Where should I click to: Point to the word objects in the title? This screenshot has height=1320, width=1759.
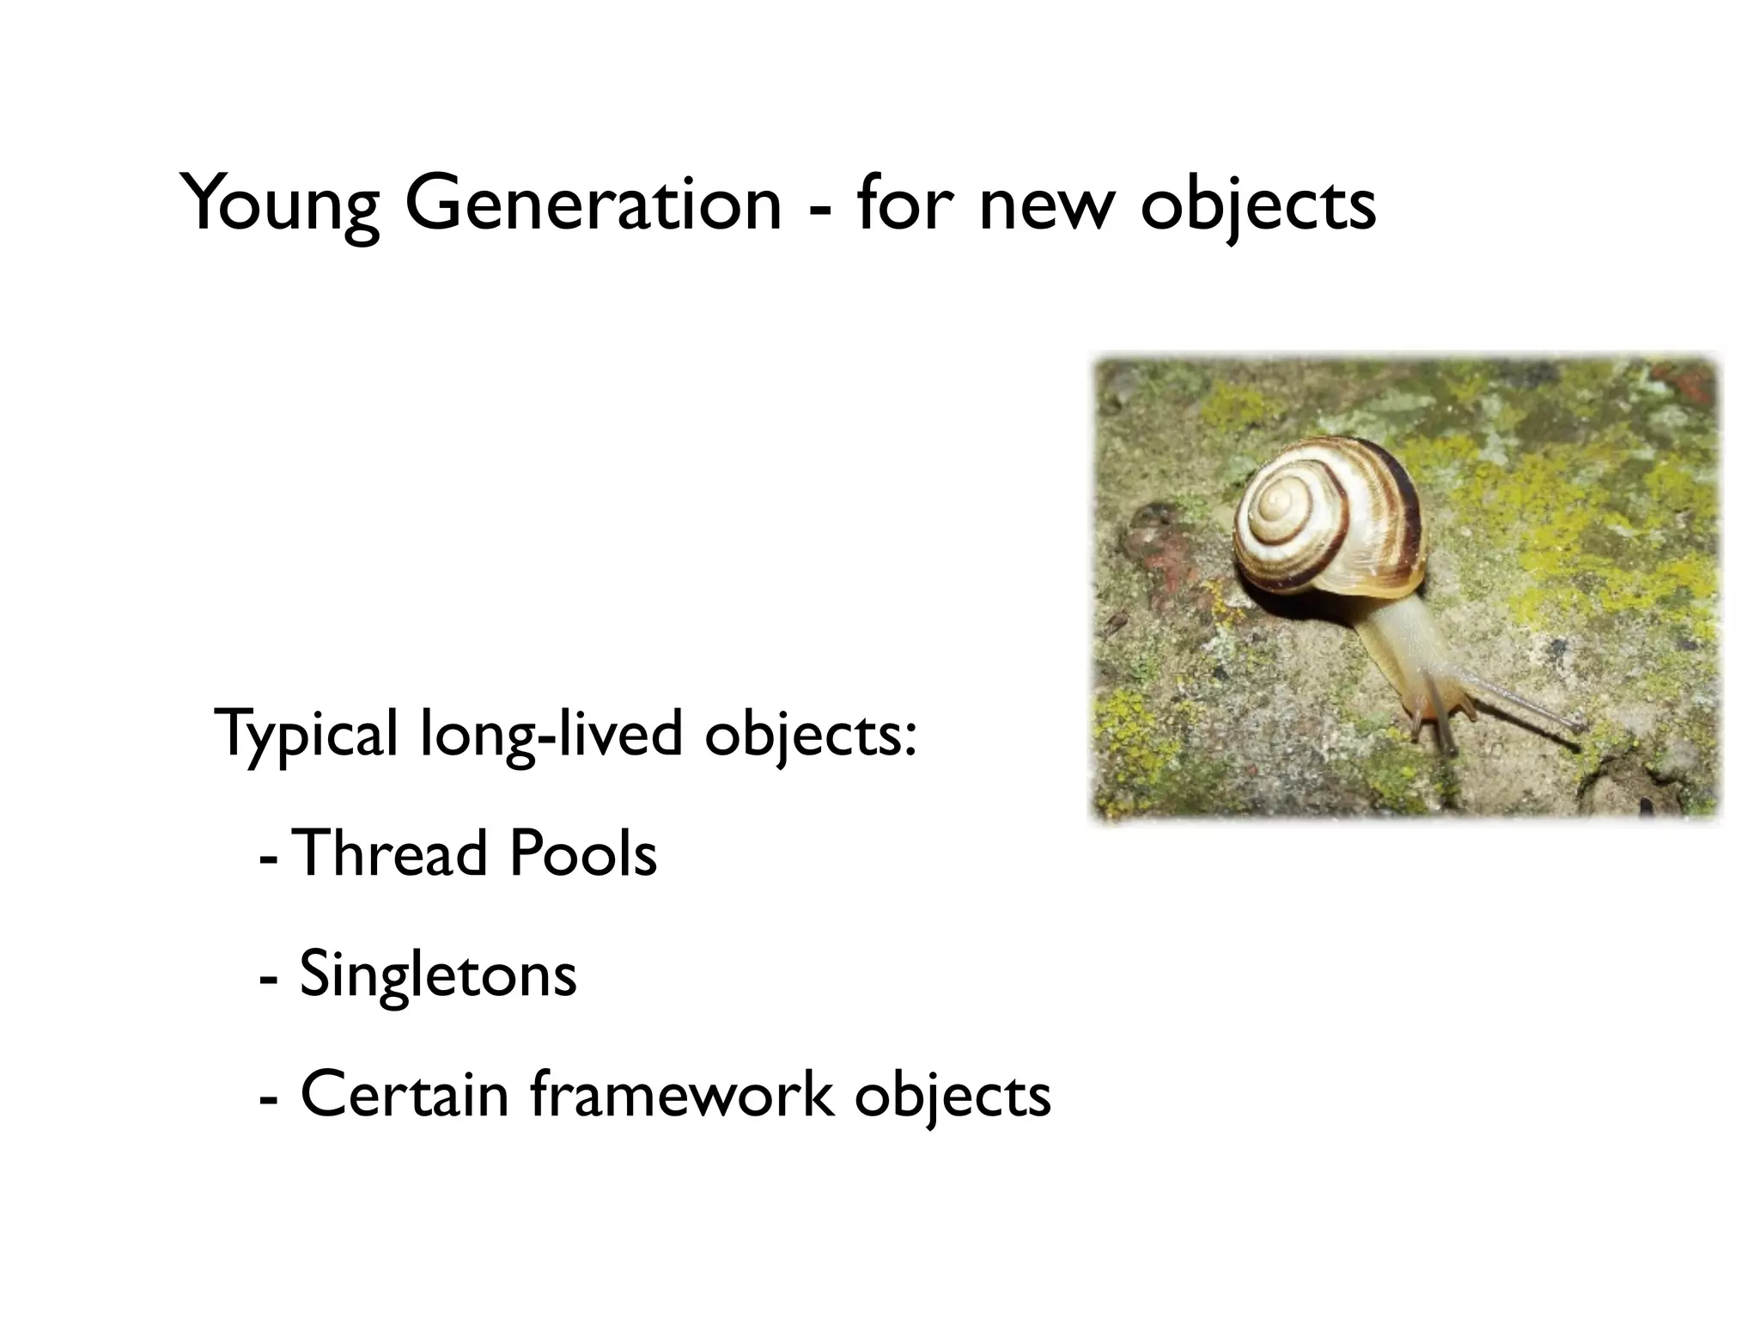1258,206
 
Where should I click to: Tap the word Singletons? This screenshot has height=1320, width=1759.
438,975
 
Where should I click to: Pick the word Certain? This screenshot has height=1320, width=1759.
404,1095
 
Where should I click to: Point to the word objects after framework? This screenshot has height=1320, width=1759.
953,1097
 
